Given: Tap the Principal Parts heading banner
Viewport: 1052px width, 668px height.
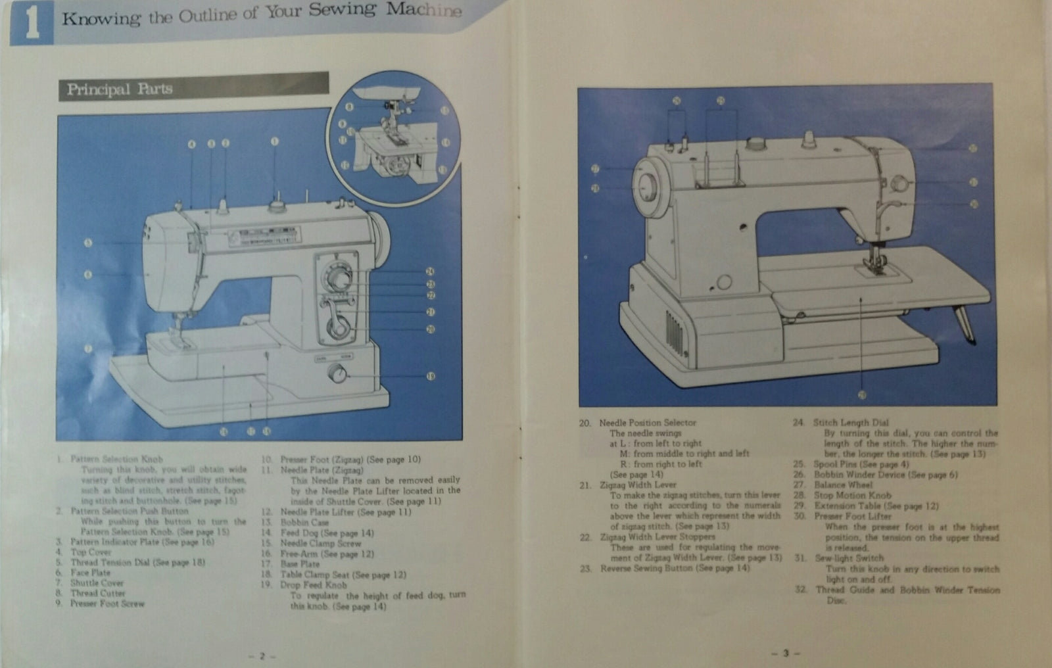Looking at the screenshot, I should point(193,87).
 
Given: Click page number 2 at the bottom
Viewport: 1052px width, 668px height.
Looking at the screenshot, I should point(262,656).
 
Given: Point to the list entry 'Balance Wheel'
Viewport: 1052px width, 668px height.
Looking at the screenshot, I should point(843,485).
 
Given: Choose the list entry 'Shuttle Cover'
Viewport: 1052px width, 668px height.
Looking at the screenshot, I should point(97,583).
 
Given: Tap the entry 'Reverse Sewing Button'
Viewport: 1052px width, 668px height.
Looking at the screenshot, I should point(674,567).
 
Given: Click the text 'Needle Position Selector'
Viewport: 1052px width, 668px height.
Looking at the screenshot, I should point(647,423).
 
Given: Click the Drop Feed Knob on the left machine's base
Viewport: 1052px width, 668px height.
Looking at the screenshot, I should point(337,373).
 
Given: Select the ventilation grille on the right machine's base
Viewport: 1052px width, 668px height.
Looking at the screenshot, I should point(673,329).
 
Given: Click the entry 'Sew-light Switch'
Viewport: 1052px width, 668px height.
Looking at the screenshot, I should point(849,558).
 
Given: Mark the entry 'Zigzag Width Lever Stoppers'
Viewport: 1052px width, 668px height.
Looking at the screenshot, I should point(657,537).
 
